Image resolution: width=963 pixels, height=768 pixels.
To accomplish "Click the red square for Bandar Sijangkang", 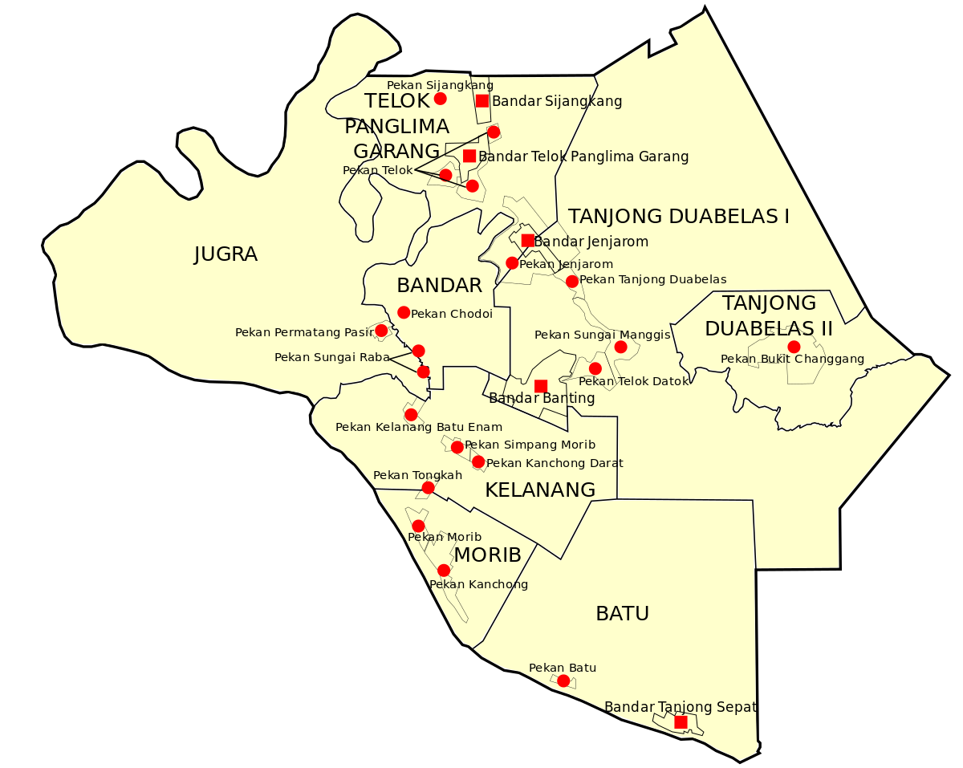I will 482,100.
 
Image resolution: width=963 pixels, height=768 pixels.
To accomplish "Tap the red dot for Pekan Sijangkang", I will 440,99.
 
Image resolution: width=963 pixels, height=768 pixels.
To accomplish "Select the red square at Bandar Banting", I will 541,386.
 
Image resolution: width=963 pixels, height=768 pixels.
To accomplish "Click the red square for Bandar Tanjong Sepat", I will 681,722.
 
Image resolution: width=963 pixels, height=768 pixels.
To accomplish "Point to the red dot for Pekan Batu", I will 563,681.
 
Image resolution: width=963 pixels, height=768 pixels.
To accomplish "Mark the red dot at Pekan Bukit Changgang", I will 794,347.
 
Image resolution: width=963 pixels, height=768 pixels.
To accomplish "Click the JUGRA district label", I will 226,254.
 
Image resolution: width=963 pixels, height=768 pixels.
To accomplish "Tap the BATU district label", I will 622,614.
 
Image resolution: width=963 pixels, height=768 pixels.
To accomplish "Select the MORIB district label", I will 487,555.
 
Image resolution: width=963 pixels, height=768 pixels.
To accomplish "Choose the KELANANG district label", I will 540,490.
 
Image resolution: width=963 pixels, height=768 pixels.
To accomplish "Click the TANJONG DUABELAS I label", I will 678,216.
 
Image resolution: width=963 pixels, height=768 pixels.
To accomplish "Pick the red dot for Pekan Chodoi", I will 404,312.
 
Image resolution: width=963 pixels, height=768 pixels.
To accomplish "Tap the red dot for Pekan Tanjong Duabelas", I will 572,281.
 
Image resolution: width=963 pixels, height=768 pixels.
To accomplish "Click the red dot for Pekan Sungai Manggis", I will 620,347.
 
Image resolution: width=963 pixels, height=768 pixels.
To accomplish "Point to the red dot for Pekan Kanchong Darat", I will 478,461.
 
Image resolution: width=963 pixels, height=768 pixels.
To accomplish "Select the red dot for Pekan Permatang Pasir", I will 381,331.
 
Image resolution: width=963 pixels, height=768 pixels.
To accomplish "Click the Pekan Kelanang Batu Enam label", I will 419,427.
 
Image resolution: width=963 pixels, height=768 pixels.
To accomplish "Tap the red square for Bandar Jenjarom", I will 527,241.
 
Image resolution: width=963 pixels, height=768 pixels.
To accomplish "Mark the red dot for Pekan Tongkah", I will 429,488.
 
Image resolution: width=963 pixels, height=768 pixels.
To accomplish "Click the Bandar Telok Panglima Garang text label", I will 583,156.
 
